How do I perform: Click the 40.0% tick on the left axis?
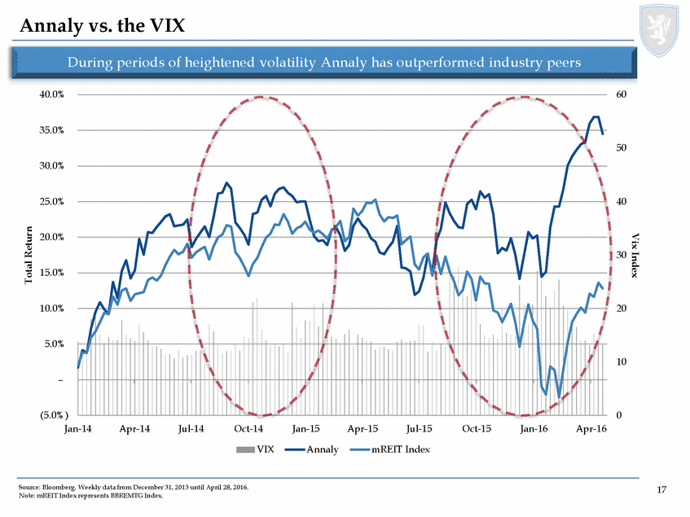pyautogui.click(x=53, y=94)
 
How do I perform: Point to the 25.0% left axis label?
pyautogui.click(x=53, y=202)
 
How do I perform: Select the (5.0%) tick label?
pyautogui.click(x=51, y=415)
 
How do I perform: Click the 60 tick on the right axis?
pyautogui.click(x=623, y=94)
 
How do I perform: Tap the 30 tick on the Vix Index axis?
pyautogui.click(x=623, y=255)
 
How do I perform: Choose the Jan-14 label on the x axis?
pyautogui.click(x=78, y=427)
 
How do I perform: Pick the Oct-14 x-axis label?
pyautogui.click(x=248, y=427)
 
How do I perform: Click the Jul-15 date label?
pyautogui.click(x=418, y=427)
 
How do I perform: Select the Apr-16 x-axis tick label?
pyautogui.click(x=590, y=427)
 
